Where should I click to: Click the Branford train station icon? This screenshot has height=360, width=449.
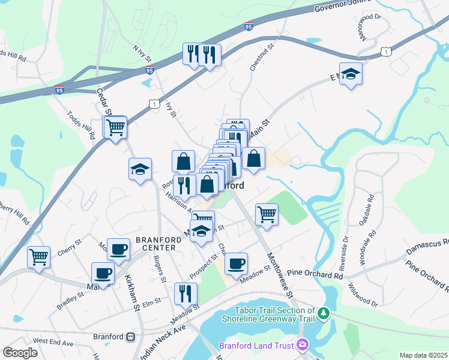coord(130,337)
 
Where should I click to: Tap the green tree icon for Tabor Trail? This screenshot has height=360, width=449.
coord(324,313)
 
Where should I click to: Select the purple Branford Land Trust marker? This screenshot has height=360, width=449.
coord(303,345)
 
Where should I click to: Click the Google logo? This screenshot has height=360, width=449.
coord(20,353)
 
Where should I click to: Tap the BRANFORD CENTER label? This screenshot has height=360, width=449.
coord(155,243)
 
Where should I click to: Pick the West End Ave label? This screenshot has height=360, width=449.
coord(53,341)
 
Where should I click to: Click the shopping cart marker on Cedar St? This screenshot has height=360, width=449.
coord(115,127)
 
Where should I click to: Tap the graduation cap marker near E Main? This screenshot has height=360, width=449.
coord(351,74)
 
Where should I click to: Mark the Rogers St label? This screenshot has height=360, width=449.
coord(160,268)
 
